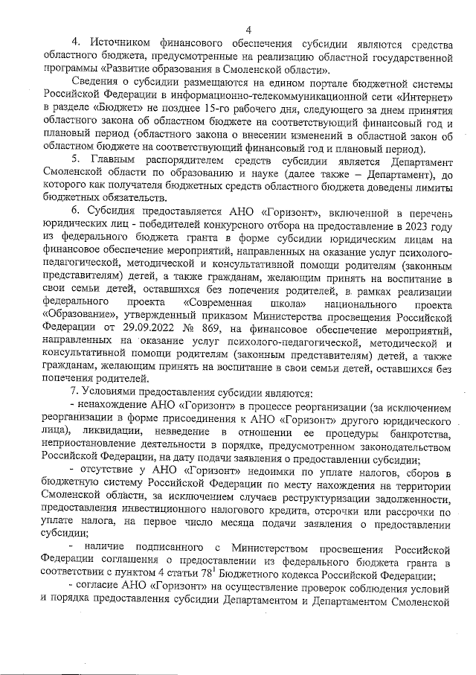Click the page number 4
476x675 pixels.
[x=248, y=30]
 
